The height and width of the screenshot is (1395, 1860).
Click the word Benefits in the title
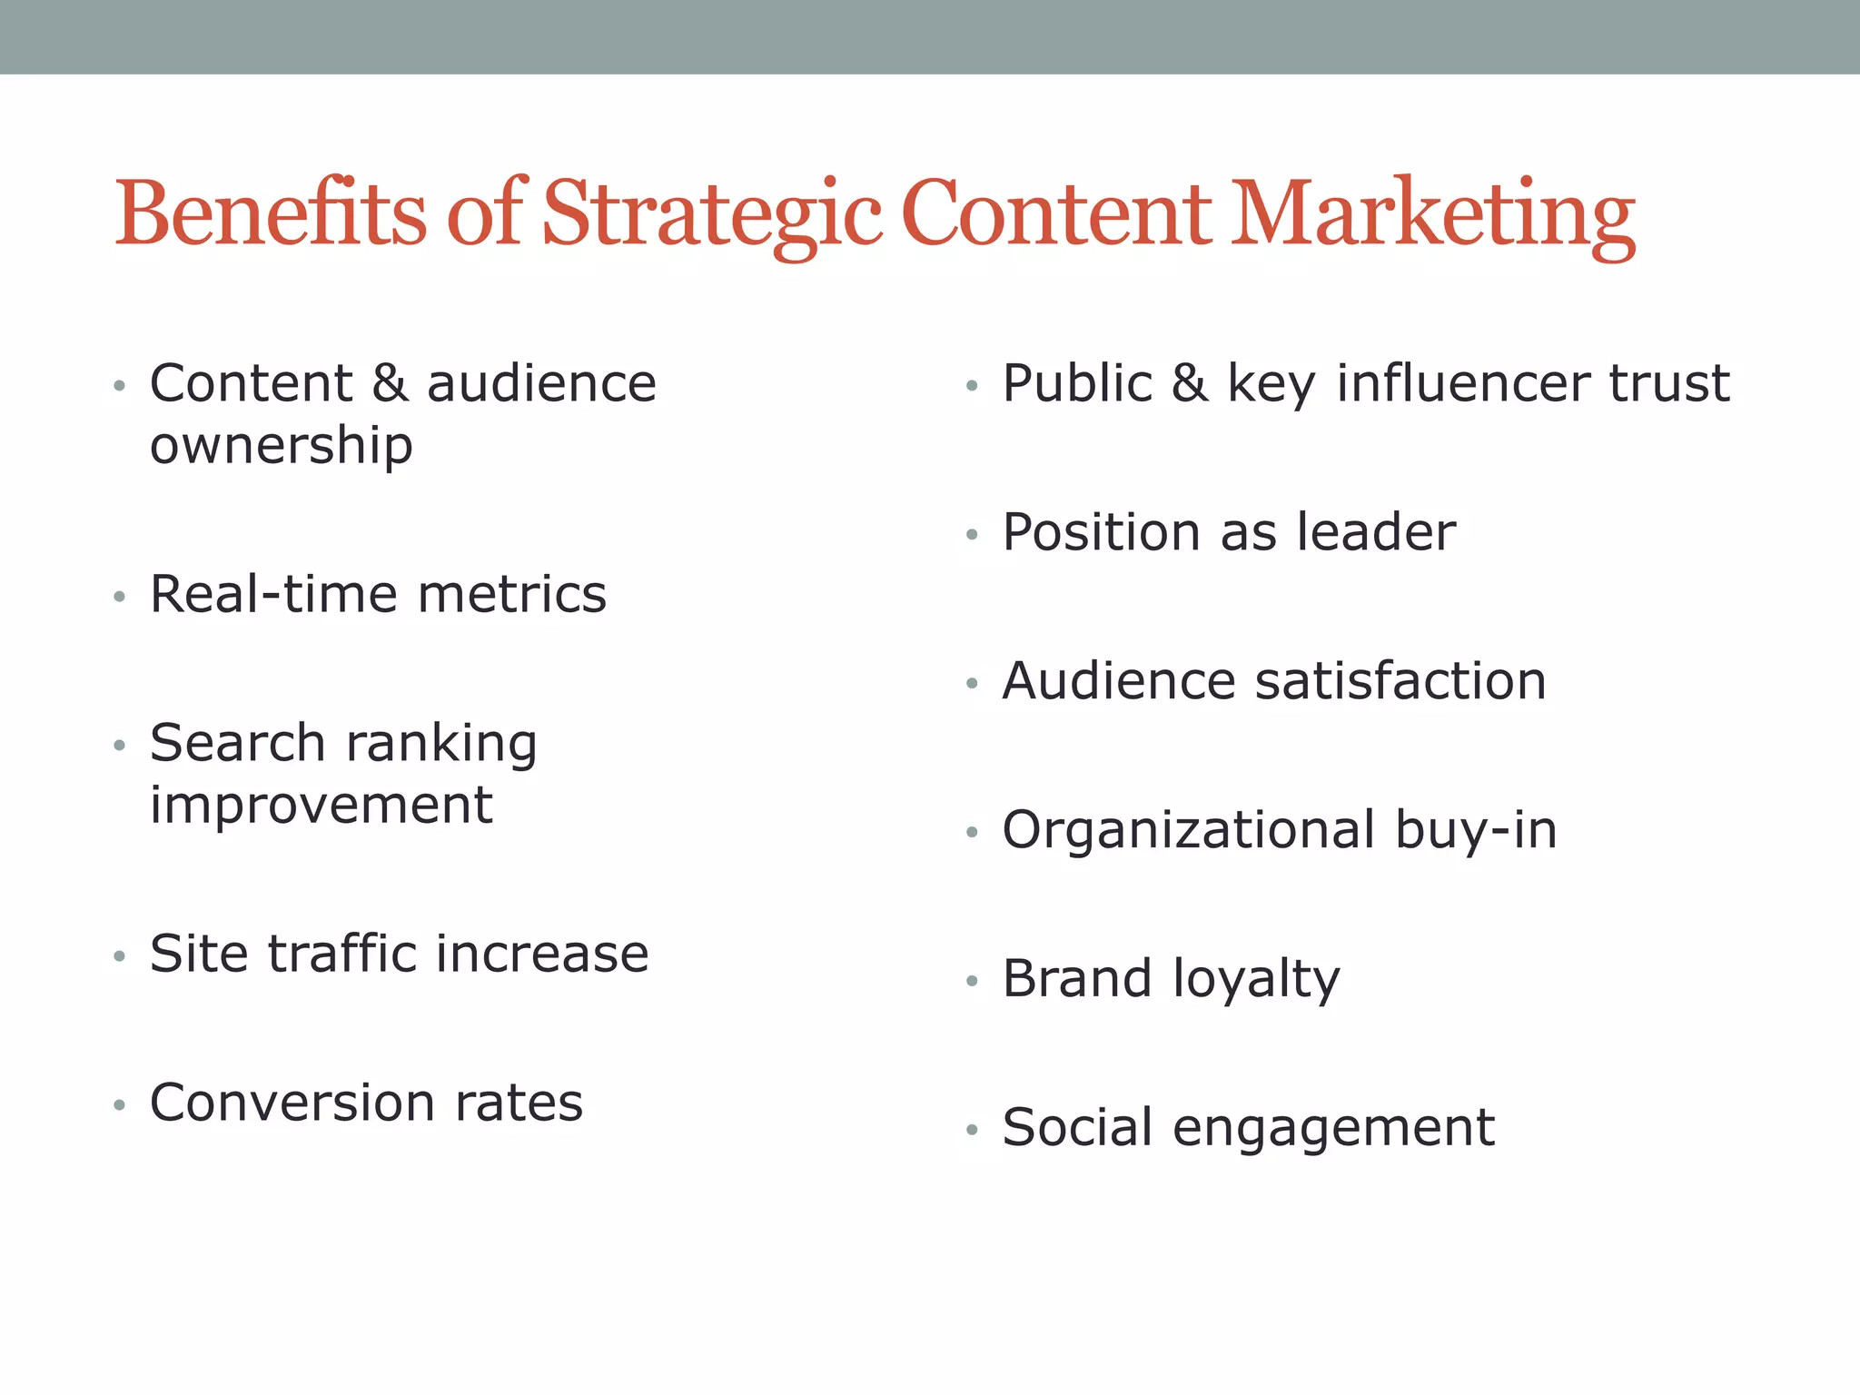(270, 213)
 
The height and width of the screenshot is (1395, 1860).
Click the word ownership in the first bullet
(282, 446)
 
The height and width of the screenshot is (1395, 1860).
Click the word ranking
(441, 745)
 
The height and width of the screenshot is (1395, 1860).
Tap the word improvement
(321, 806)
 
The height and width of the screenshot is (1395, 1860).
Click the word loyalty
(1256, 980)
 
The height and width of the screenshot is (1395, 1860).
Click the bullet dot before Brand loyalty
(972, 981)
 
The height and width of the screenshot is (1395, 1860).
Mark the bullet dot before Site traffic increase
(119, 955)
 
